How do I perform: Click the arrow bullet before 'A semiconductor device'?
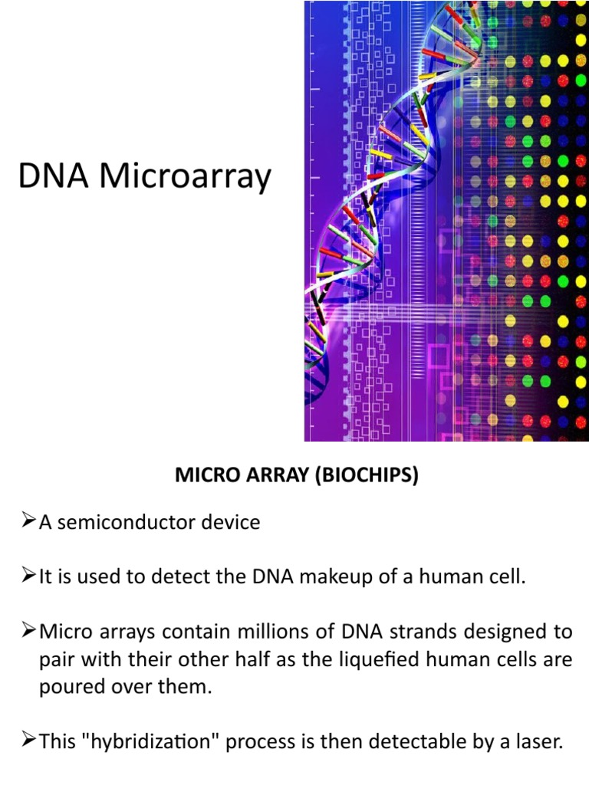pyautogui.click(x=28, y=523)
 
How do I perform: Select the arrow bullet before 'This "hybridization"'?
pyautogui.click(x=28, y=741)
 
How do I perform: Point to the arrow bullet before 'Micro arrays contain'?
pyautogui.click(x=28, y=632)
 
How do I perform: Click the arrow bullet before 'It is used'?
pyautogui.click(x=28, y=577)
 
